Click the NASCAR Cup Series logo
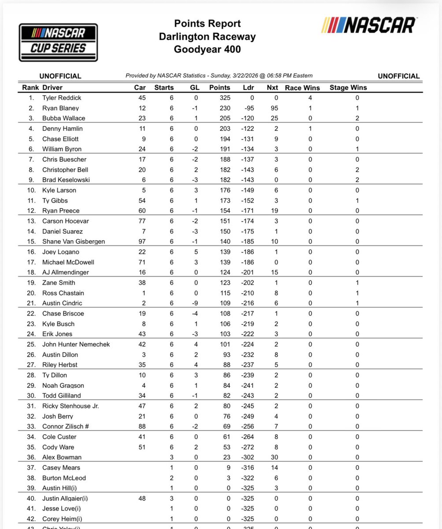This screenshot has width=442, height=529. coord(58,42)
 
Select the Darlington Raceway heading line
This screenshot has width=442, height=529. coord(207,37)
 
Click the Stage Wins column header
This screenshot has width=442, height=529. coord(348,87)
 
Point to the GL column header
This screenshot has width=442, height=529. coord(194,87)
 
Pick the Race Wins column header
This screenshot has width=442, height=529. coord(302,87)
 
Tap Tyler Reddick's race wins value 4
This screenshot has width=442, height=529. coord(311,98)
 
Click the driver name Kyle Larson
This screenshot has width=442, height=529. coord(59,190)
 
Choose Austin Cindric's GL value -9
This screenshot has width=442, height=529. coord(194,303)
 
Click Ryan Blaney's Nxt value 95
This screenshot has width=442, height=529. coord(272,108)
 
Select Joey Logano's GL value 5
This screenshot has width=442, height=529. coord(194,252)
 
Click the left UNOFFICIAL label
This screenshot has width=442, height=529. coord(60,76)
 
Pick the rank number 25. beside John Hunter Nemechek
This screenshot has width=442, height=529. coord(31,344)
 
